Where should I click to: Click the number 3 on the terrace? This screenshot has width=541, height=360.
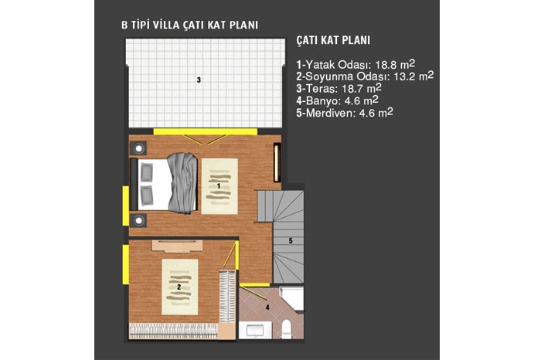pyautogui.click(x=199, y=80)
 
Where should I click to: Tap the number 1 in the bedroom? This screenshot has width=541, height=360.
pyautogui.click(x=219, y=186)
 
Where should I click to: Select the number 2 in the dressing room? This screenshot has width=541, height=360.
pyautogui.click(x=179, y=287)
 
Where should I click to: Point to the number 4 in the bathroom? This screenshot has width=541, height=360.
pyautogui.click(x=267, y=307)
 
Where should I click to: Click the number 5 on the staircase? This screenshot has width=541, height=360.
pyautogui.click(x=291, y=241)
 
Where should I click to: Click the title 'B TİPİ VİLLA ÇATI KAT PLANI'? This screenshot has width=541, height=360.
pyautogui.click(x=190, y=25)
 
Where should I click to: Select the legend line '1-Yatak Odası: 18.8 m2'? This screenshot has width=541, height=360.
pyautogui.click(x=356, y=64)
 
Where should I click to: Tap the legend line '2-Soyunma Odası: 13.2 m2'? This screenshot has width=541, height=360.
pyautogui.click(x=365, y=76)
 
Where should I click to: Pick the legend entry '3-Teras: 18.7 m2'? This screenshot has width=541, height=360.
pyautogui.click(x=339, y=88)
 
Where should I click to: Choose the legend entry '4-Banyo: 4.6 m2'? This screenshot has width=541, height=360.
pyautogui.click(x=337, y=100)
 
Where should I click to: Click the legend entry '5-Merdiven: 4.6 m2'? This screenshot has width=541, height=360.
pyautogui.click(x=345, y=113)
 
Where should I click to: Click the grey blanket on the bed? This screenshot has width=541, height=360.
pyautogui.click(x=183, y=183)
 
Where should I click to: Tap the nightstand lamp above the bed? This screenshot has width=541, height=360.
pyautogui.click(x=138, y=148)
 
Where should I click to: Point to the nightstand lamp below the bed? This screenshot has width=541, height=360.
pyautogui.click(x=138, y=220)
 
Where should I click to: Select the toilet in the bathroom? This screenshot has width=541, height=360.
pyautogui.click(x=287, y=329)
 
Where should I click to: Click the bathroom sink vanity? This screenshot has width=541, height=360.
pyautogui.click(x=255, y=331)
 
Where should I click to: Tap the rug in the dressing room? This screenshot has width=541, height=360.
pyautogui.click(x=180, y=287)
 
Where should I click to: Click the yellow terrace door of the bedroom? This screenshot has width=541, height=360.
pyautogui.click(x=206, y=132)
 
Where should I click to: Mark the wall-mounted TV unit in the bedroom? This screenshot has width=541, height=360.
pyautogui.click(x=276, y=163)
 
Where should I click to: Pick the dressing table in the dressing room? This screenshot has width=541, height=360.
pyautogui.click(x=177, y=246)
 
